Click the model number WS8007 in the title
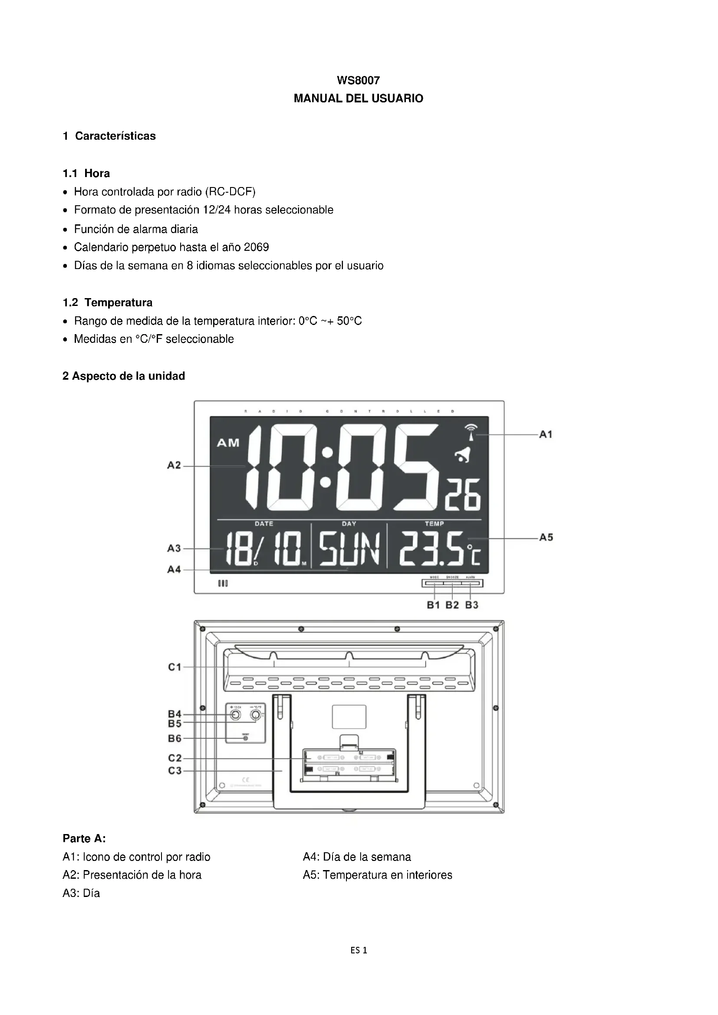click(358, 80)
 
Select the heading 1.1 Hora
click(86, 173)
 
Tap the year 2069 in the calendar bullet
click(257, 247)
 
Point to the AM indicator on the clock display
click(228, 443)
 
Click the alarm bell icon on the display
click(464, 455)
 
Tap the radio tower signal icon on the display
click(471, 432)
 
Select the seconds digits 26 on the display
click(463, 495)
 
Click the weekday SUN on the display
click(349, 549)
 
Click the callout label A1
click(546, 434)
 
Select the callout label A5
click(546, 538)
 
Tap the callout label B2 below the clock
click(452, 605)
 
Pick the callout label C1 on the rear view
click(175, 667)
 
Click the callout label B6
click(175, 738)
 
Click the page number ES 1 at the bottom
click(359, 950)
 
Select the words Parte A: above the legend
click(84, 839)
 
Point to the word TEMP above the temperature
click(434, 524)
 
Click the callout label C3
click(175, 771)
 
